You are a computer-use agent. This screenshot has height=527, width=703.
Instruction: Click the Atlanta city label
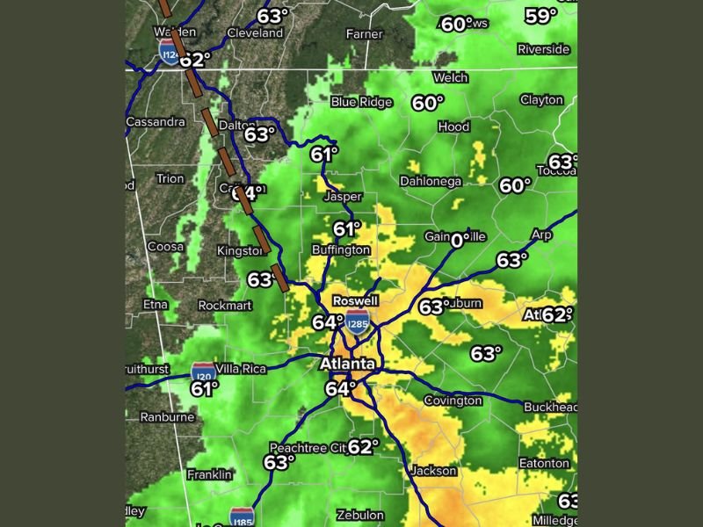[347, 364]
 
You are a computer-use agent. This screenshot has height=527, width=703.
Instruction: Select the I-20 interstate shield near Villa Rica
[204, 371]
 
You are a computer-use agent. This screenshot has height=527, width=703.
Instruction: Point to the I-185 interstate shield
[242, 516]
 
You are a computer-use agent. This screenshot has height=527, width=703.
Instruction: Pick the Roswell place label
[355, 300]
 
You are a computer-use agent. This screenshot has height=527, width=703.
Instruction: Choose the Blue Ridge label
[361, 102]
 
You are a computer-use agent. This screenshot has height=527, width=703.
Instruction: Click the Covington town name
[453, 401]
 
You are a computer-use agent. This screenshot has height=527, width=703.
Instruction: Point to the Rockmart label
[225, 305]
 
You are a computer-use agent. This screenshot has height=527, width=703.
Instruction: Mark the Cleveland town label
[255, 32]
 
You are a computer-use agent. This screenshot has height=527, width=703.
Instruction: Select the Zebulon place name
[360, 515]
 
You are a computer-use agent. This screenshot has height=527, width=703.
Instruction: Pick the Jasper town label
[343, 196]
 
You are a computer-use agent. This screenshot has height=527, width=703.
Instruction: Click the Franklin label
[210, 474]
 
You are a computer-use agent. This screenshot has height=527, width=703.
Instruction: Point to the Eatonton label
[544, 463]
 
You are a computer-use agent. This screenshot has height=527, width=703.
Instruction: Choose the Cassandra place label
[156, 122]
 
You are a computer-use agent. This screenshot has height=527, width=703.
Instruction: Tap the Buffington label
[341, 250]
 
